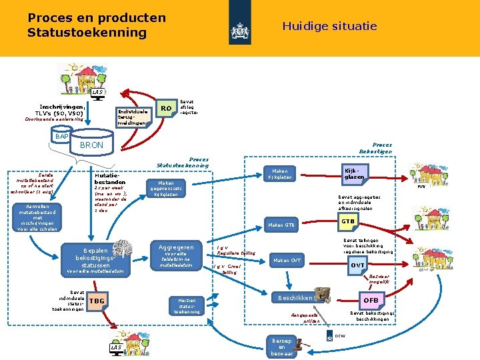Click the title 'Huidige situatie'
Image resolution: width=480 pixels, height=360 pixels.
tap(329, 27)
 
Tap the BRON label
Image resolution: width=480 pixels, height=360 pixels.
tap(91, 145)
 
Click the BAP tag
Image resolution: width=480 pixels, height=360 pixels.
tap(62, 136)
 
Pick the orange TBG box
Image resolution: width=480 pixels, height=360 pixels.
tap(97, 301)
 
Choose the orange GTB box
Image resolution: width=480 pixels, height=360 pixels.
tap(347, 221)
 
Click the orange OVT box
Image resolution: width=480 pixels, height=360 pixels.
tap(357, 265)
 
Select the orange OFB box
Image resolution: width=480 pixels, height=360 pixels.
tap(370, 301)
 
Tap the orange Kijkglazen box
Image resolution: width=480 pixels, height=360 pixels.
tap(354, 173)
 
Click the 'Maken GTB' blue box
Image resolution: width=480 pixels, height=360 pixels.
tap(281, 225)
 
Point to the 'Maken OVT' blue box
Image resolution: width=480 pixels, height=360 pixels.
tap(287, 260)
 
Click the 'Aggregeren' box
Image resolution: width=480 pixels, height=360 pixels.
tap(177, 255)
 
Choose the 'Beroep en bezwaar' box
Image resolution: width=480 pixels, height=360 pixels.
tap(281, 347)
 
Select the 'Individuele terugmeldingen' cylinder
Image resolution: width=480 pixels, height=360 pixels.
tap(133, 116)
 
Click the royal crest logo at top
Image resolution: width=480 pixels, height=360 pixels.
tap(239, 29)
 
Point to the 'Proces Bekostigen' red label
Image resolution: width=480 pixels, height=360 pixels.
tap(382, 148)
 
